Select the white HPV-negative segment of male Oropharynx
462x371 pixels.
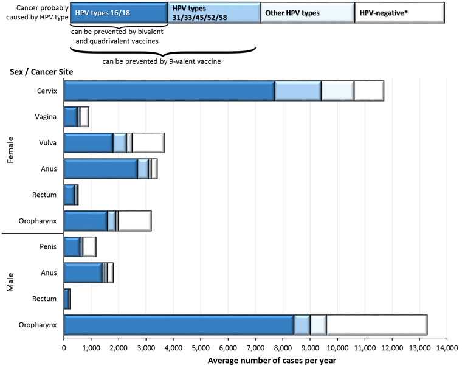377,325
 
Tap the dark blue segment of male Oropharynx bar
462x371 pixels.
179,325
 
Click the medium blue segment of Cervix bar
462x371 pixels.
298,91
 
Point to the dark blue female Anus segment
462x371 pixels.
101,168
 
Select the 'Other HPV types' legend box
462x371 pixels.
307,12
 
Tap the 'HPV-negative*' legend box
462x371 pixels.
399,12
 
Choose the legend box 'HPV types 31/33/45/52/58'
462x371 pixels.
213,12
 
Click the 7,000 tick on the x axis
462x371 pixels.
255,348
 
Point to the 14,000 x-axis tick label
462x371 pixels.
447,348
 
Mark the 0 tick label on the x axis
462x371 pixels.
64,348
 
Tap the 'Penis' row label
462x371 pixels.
48,247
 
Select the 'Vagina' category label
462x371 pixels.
46,117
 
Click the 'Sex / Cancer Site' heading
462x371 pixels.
41,72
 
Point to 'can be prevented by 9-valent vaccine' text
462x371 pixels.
161,61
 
